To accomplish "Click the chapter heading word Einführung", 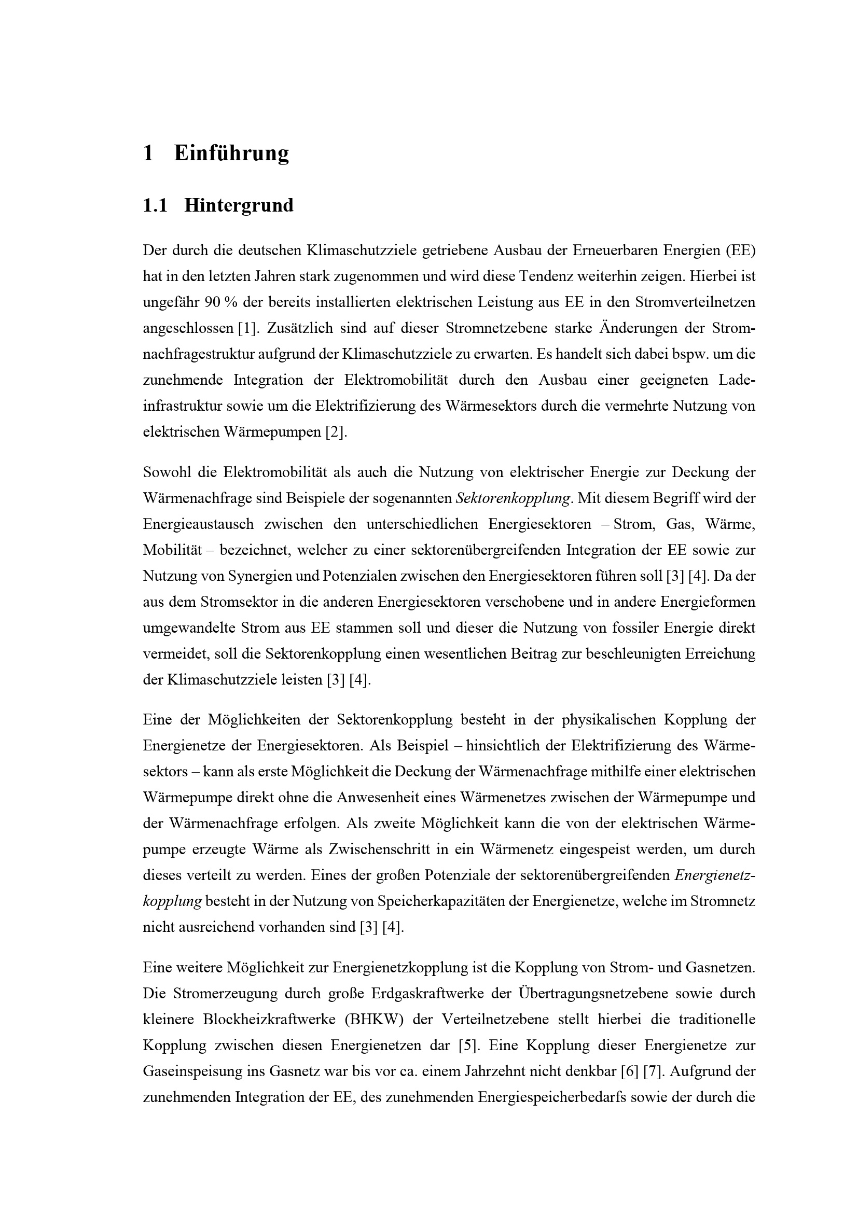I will coord(231,153).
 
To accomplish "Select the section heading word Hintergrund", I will coord(239,205).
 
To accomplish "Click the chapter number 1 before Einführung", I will coord(148,153).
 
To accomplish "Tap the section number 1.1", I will coord(155,205).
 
